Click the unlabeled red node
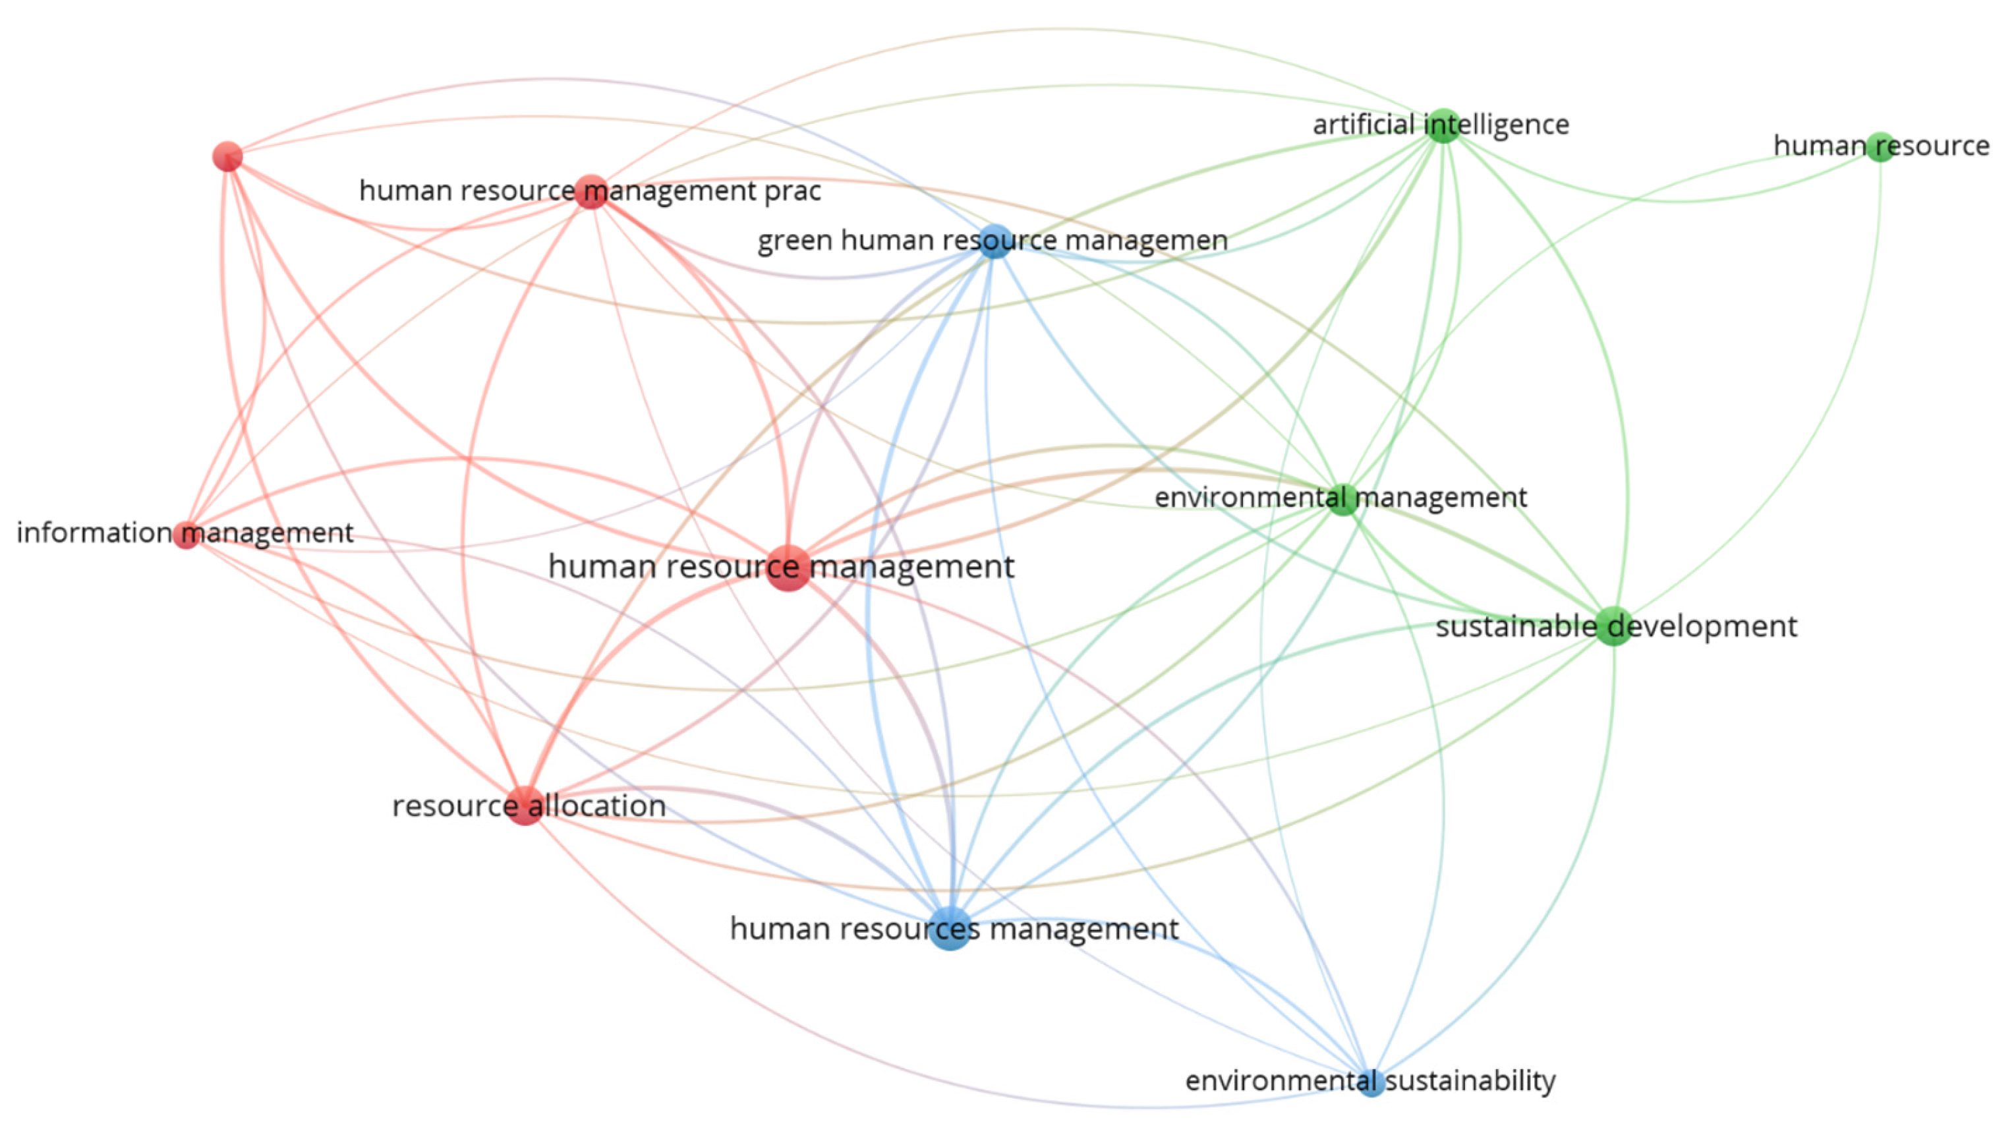point(227,157)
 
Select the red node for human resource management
point(788,568)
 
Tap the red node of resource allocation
point(525,805)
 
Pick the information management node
point(187,535)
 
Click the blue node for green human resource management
point(994,241)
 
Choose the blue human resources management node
point(950,929)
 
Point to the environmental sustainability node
point(1370,1082)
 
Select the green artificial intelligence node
point(1443,125)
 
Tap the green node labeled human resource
point(1880,146)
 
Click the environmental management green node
point(1343,498)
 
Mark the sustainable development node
point(1613,626)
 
